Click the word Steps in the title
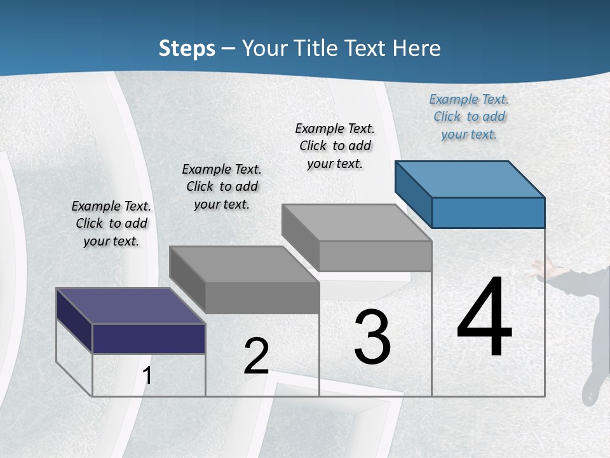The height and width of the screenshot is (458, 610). point(187,48)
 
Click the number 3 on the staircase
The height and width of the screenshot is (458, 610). point(372,337)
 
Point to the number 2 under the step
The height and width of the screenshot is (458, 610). point(256,356)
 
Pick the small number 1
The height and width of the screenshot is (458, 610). point(147,375)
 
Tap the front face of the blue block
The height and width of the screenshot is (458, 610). point(488,212)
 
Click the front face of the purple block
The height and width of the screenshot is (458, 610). point(149,338)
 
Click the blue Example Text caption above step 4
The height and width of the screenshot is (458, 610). point(469,116)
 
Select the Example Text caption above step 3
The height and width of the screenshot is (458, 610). point(335,146)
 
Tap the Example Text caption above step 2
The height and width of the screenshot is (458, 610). point(222,186)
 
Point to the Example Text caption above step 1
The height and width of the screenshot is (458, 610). point(111,223)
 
